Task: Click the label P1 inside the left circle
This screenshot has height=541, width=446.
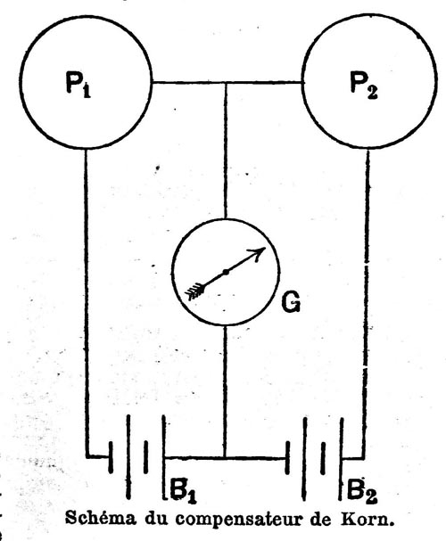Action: (78, 86)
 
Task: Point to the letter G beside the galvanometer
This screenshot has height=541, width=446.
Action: (291, 302)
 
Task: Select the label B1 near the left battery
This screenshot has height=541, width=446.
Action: (184, 489)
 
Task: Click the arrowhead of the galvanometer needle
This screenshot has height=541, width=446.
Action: (259, 252)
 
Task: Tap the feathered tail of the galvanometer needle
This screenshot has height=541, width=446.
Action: (195, 291)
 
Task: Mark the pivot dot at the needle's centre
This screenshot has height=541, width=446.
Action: (226, 272)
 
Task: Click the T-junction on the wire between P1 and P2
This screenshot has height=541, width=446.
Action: (226, 83)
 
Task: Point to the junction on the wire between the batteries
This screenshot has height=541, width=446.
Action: (225, 458)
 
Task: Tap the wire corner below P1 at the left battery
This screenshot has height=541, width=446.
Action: (87, 456)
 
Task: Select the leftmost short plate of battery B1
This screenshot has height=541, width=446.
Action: (111, 457)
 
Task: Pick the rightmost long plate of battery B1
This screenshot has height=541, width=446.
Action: (163, 457)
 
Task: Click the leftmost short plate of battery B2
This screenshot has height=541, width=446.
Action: (287, 458)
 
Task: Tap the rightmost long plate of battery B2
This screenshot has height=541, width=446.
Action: (341, 458)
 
